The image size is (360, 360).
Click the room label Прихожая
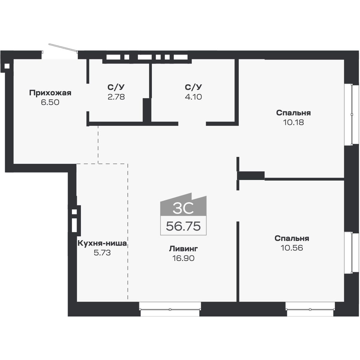point(50,93)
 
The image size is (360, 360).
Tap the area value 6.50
point(50,102)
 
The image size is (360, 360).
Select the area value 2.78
point(116,97)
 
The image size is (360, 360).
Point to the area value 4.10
point(193,97)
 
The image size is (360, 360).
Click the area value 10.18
point(293,122)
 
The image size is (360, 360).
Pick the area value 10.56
point(292,248)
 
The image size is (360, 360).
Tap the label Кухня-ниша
point(102,243)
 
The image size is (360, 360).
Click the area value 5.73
point(102,253)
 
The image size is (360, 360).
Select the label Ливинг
point(183,248)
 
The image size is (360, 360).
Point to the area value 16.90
point(183,258)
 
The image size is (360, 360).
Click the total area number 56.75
point(183,226)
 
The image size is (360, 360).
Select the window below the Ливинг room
point(170,309)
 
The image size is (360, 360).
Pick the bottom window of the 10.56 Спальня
point(310,309)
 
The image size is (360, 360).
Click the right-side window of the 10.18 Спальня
point(352,114)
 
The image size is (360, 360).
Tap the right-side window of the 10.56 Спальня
point(352,252)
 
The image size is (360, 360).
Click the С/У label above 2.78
point(116,87)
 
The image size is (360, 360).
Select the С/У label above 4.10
point(193,87)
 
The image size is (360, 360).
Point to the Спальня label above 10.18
point(293,113)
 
